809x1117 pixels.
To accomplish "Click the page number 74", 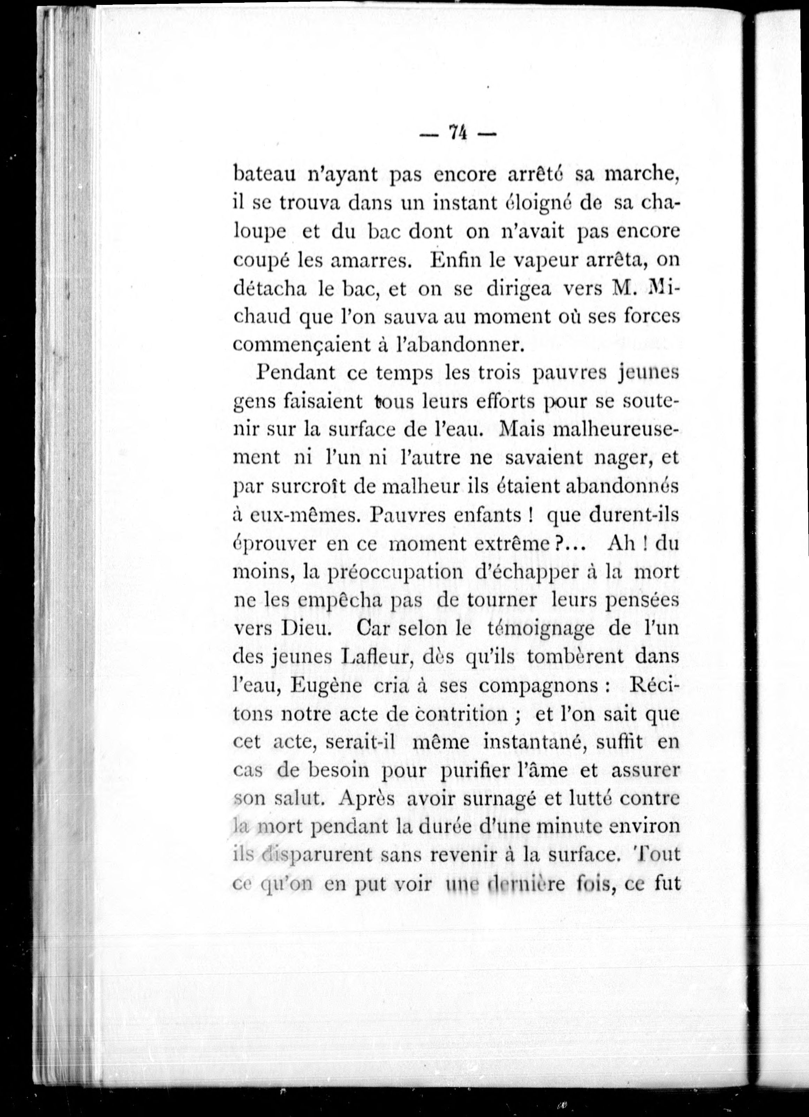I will (x=457, y=133).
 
